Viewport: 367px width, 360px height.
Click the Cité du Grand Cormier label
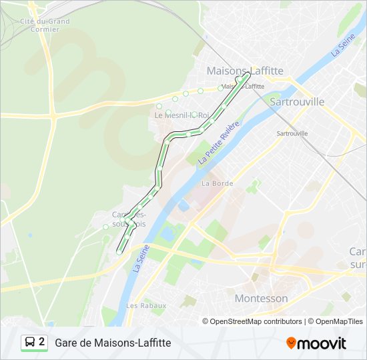coord(45,25)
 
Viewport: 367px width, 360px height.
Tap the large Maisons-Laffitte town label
coord(245,70)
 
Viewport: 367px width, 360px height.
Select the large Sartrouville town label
coord(297,101)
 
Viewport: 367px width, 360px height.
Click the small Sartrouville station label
coord(292,133)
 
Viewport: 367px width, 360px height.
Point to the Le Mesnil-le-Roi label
coord(181,115)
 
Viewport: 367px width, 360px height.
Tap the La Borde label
coord(217,183)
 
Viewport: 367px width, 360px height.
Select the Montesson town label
coord(261,298)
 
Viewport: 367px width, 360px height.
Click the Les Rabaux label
coord(145,305)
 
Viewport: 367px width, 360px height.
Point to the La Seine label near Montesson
coord(140,257)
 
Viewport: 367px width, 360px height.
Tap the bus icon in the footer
coord(30,343)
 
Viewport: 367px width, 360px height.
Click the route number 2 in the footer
coord(42,342)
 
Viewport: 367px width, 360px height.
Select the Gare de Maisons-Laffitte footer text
coord(113,343)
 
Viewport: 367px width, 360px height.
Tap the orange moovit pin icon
coord(291,343)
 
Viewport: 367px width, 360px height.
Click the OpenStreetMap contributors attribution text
coord(256,321)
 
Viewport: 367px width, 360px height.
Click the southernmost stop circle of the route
coord(119,252)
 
